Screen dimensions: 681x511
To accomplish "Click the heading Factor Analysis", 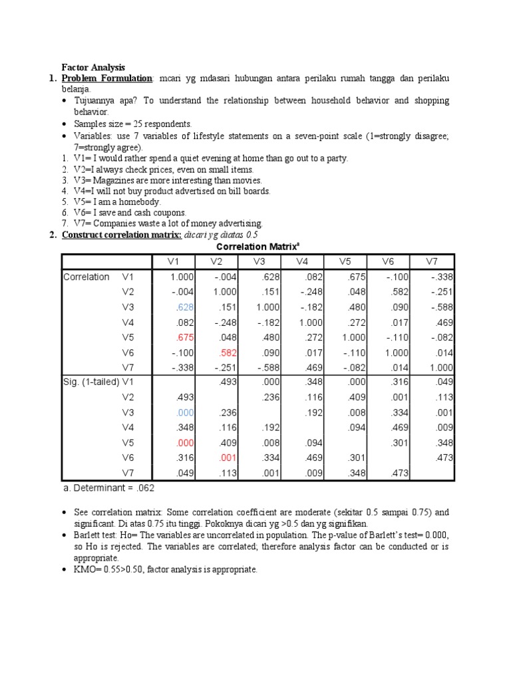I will (93, 67).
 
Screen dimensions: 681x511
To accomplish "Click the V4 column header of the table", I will (303, 261).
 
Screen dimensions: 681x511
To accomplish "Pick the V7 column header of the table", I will (432, 261).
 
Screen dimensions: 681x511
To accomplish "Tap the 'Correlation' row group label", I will (86, 277).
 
